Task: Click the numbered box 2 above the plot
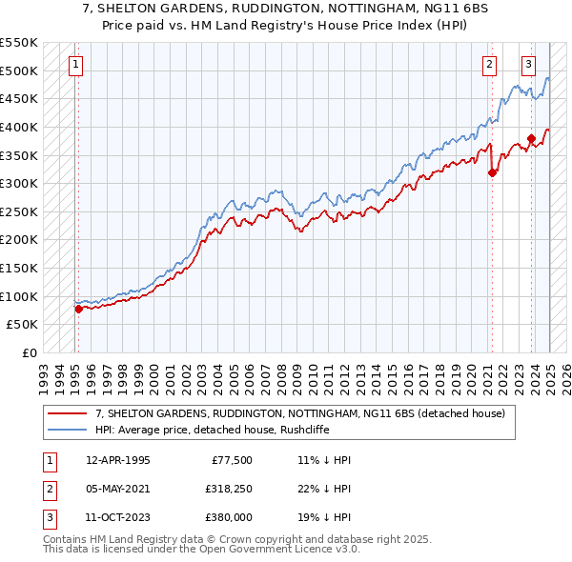tap(489, 65)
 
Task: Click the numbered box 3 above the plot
tap(528, 65)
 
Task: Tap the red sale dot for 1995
tap(78, 309)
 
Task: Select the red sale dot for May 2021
tap(493, 173)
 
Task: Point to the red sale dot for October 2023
tap(531, 138)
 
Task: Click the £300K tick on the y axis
tap(19, 183)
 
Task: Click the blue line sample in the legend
tap(68, 430)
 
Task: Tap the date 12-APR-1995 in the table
tap(117, 460)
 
